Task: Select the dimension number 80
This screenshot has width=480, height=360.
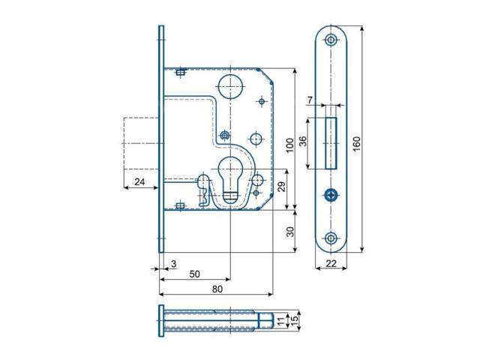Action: [x=217, y=289]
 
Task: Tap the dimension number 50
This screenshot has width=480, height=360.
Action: [x=194, y=274]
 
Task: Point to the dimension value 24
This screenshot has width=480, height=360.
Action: [x=139, y=182]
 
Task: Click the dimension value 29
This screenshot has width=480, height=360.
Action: [x=281, y=187]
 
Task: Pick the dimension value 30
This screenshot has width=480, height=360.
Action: [x=289, y=232]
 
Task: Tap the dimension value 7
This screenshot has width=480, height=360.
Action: [x=310, y=100]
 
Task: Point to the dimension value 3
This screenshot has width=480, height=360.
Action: [x=173, y=263]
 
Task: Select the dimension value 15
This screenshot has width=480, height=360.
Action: [x=295, y=321]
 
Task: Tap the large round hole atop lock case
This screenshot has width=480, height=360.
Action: [x=229, y=83]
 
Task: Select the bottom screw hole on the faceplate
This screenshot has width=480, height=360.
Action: [x=331, y=238]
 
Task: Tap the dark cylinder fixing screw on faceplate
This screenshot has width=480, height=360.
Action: [x=331, y=195]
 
